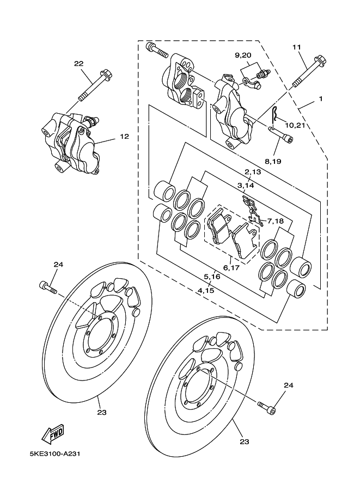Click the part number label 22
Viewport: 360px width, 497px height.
pyautogui.click(x=79, y=64)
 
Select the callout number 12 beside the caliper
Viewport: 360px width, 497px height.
pyautogui.click(x=124, y=137)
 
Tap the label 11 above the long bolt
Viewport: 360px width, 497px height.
pyautogui.click(x=297, y=47)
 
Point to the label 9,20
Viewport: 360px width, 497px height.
pyautogui.click(x=243, y=56)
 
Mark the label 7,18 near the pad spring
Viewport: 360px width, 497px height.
pyautogui.click(x=272, y=221)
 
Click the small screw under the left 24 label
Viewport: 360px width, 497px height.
pyautogui.click(x=48, y=286)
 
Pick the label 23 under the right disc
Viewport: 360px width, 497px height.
pyautogui.click(x=245, y=441)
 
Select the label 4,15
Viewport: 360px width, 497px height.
pyautogui.click(x=205, y=291)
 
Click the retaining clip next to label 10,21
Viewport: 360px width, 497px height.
pyautogui.click(x=277, y=114)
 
